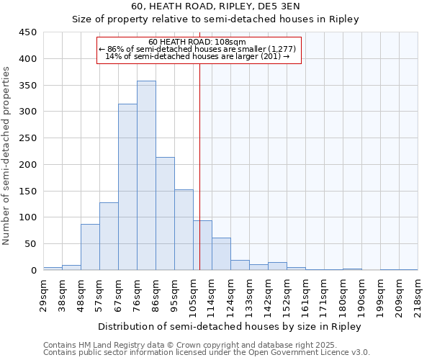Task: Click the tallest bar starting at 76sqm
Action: tap(146, 176)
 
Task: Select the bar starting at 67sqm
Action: tap(127, 187)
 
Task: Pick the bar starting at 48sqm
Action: tap(90, 247)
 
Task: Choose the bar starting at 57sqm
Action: tap(109, 236)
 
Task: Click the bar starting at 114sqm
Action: tap(221, 254)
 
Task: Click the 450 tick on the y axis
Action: tap(28, 32)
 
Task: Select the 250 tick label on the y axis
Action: tap(28, 138)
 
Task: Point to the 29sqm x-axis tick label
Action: tap(44, 294)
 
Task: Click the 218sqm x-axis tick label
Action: tap(418, 294)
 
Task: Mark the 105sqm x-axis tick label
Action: tap(193, 294)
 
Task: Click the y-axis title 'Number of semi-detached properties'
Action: tap(7, 155)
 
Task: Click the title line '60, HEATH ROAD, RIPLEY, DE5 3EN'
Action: tap(215, 6)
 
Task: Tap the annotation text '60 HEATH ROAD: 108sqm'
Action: tap(197, 42)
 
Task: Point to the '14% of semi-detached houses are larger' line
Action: tap(197, 56)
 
